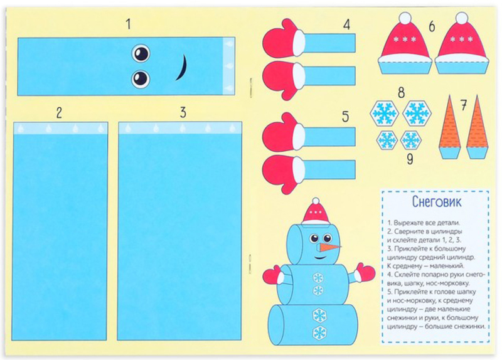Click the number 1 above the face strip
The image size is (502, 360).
click(129, 24)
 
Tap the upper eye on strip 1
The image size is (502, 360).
click(141, 53)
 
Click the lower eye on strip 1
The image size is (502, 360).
click(141, 79)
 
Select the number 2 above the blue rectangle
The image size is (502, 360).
click(59, 114)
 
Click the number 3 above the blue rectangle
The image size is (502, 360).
click(183, 113)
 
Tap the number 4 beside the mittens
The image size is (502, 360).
click(347, 25)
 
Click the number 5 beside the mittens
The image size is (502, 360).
click(346, 117)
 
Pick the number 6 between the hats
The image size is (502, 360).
click(432, 26)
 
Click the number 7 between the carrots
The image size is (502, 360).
click(464, 105)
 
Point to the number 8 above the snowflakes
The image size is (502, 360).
click(401, 93)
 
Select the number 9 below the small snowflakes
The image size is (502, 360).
click(410, 159)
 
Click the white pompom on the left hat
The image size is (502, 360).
click(405, 18)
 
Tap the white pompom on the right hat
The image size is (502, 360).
click(462, 18)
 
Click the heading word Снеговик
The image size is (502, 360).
click(437, 202)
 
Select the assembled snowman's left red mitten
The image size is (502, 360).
click(273, 275)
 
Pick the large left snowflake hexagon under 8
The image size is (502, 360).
click(384, 114)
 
